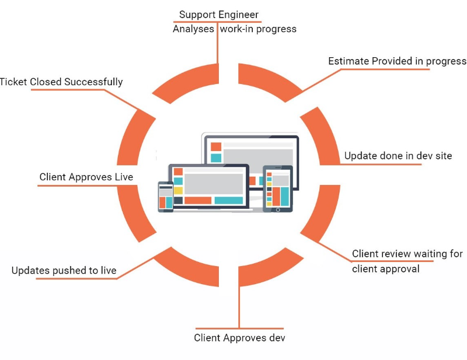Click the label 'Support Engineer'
(x=218, y=14)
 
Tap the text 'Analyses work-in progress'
(x=234, y=29)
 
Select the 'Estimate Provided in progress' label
(x=397, y=61)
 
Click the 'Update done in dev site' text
(x=398, y=156)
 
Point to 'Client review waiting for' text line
(x=407, y=254)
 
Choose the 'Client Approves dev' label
(x=239, y=338)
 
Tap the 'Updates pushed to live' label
(x=64, y=271)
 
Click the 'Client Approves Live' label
(x=86, y=177)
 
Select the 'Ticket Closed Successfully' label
(x=61, y=82)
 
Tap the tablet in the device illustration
(x=277, y=188)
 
